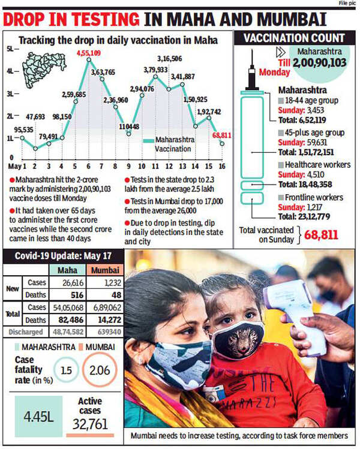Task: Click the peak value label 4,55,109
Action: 88,53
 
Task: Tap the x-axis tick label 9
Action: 128,165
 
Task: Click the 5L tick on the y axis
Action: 10,47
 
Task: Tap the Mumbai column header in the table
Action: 101,270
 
